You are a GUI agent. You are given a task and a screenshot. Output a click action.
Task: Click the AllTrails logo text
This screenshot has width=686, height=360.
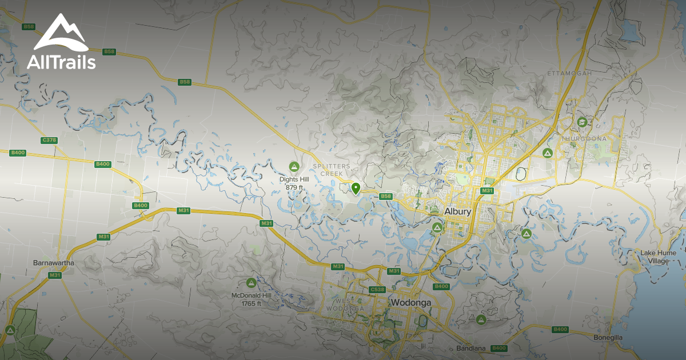[x=61, y=62]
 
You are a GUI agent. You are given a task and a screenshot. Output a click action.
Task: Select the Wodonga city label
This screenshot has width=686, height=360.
[x=410, y=302]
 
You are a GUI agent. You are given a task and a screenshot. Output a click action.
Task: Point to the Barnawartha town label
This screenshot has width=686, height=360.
[x=54, y=263]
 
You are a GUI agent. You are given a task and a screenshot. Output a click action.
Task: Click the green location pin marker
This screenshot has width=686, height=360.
[x=356, y=188]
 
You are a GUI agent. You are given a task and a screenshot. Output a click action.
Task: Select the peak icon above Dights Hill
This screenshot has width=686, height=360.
[x=294, y=167]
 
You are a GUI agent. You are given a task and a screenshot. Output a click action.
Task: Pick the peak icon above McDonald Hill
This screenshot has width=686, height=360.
[x=251, y=283]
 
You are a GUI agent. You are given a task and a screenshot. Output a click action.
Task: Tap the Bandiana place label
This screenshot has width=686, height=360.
[x=471, y=349]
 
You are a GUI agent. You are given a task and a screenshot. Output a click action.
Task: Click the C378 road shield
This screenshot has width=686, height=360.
[x=49, y=140]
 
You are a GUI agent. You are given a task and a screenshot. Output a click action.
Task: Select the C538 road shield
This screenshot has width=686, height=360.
[x=377, y=290]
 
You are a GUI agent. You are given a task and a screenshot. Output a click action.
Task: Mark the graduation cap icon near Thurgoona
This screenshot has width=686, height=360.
[x=581, y=122]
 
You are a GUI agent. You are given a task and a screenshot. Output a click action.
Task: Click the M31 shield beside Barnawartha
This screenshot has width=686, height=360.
[x=55, y=275]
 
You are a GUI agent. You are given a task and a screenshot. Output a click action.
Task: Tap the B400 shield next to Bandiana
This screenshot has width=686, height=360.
[x=499, y=348]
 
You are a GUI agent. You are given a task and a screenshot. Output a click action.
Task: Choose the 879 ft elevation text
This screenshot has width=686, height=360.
[x=294, y=187]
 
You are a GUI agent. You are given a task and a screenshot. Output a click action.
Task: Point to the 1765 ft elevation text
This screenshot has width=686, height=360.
[x=251, y=303]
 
